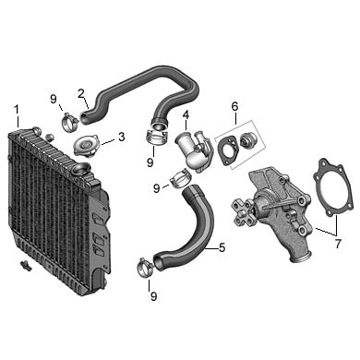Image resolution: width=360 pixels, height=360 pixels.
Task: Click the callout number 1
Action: (x=17, y=110)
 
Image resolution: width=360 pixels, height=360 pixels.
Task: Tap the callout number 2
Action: (x=81, y=93)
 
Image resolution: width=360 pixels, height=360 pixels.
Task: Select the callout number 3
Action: (x=122, y=137)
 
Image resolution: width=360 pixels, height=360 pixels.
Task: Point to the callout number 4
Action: (x=186, y=114)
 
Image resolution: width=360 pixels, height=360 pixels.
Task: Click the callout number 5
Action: (x=222, y=247)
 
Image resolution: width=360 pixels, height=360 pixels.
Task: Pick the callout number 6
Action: (x=234, y=106)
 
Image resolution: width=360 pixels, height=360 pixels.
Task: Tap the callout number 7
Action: (x=338, y=244)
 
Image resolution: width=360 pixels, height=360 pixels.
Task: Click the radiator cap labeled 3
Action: (x=86, y=146)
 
